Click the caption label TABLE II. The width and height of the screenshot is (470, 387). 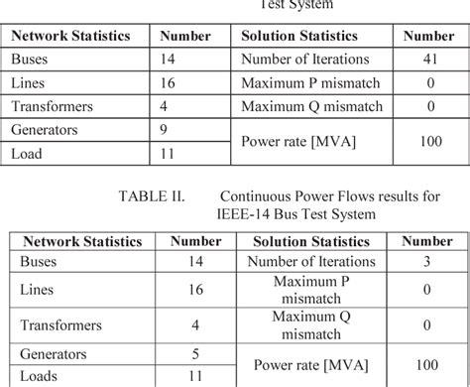point(152,196)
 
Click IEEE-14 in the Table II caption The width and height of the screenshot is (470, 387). point(244,213)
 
